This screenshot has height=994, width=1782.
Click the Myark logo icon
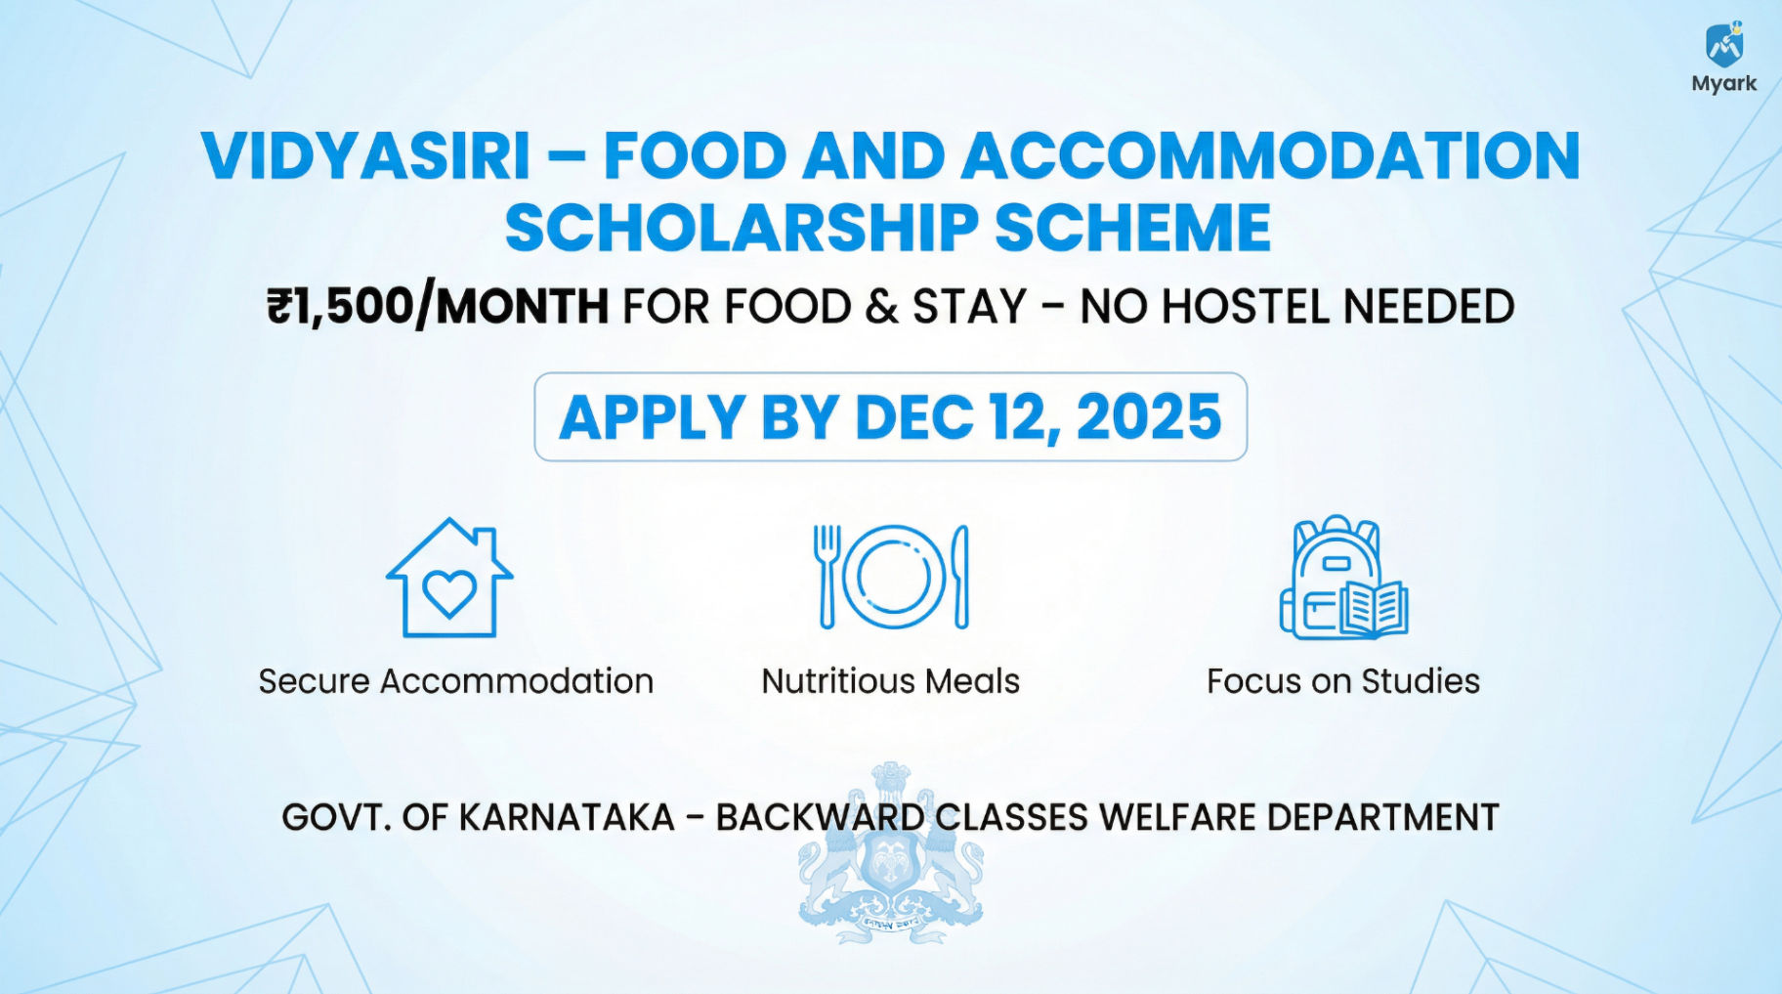1724,45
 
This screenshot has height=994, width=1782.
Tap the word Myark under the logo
1724,84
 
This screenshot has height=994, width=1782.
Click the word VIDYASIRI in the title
366,155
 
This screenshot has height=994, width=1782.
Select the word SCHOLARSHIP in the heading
741,228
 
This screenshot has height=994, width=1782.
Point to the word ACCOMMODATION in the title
1271,155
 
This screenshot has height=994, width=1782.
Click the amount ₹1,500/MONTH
438,307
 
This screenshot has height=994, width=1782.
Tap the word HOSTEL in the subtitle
1246,307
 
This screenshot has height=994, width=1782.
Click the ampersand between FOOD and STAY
881,307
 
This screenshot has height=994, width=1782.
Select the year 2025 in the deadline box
1149,417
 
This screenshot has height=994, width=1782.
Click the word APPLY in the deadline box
653,417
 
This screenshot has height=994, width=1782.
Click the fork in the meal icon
827,577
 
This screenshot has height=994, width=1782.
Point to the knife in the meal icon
961,577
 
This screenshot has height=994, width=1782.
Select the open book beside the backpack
1374,609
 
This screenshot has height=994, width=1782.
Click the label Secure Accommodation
456,681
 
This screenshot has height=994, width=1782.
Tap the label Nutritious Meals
891,681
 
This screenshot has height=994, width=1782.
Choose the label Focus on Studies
1343,681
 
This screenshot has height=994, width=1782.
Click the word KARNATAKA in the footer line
567,817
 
